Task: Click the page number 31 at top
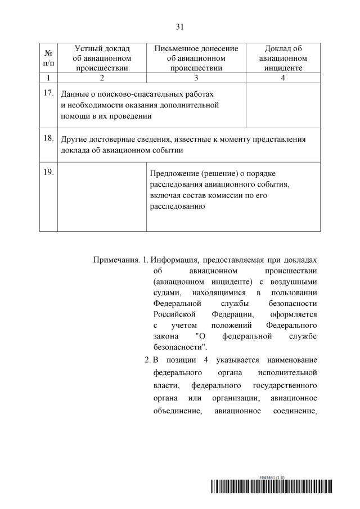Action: click(x=180, y=26)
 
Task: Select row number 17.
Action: click(x=48, y=92)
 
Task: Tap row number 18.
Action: click(x=48, y=137)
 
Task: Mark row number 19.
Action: click(x=48, y=172)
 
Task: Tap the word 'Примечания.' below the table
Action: click(x=116, y=261)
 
